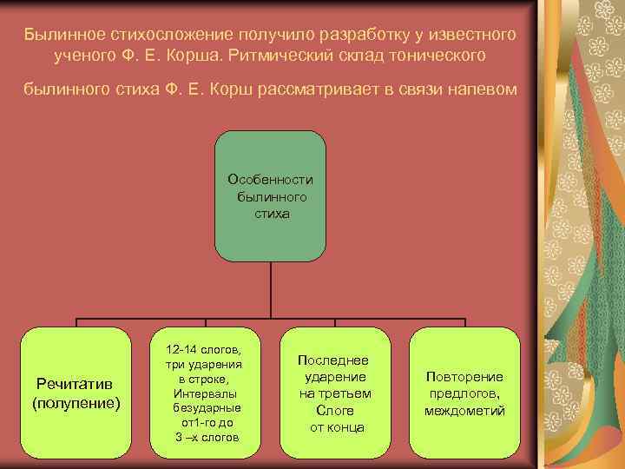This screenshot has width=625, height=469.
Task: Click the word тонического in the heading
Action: pyautogui.click(x=437, y=55)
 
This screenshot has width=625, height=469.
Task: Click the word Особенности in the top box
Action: pyautogui.click(x=270, y=179)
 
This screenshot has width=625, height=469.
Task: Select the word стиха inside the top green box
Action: pyautogui.click(x=270, y=212)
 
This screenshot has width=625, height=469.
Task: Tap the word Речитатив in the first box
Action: pyautogui.click(x=76, y=385)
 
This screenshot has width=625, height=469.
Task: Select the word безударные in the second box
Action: pyautogui.click(x=207, y=407)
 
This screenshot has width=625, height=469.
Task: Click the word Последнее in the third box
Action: pyautogui.click(x=333, y=360)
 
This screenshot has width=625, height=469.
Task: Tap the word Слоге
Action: pyautogui.click(x=334, y=410)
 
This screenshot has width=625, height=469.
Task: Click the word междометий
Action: pyautogui.click(x=464, y=410)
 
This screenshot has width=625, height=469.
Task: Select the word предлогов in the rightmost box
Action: pyautogui.click(x=464, y=393)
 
